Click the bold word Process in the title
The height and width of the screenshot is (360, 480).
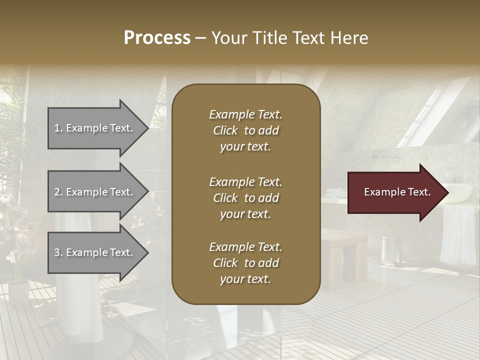(157, 38)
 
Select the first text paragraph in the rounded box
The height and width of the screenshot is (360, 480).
(245, 130)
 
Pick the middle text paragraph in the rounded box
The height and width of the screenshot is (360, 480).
(245, 198)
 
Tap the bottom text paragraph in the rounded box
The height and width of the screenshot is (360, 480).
(245, 263)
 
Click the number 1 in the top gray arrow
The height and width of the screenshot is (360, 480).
(57, 128)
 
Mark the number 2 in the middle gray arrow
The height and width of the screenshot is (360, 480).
(57, 192)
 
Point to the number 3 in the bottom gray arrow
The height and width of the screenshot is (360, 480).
(57, 252)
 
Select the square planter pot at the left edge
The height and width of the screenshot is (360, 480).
(18, 290)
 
